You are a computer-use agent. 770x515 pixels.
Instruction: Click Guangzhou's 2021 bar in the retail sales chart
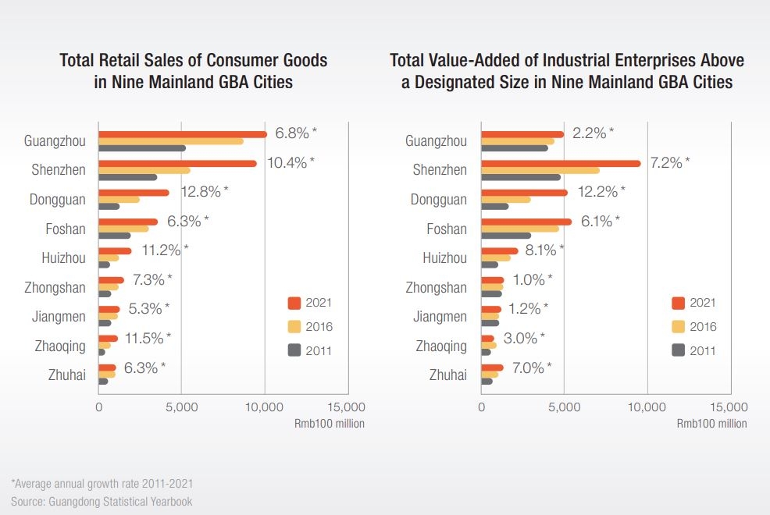(x=182, y=134)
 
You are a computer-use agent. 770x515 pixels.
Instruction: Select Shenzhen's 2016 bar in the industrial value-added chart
(x=540, y=170)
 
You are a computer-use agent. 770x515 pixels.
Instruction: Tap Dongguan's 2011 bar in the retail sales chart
(x=109, y=207)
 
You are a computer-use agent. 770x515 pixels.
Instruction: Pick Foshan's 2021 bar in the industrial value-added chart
(x=526, y=222)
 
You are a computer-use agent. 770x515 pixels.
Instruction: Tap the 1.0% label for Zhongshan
(x=529, y=279)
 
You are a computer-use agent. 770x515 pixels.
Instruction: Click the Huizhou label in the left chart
(x=63, y=258)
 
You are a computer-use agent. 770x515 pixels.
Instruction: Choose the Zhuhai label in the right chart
(x=447, y=375)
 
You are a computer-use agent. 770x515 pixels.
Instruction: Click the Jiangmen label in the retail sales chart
(x=60, y=317)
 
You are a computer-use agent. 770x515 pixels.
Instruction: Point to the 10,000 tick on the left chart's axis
(x=265, y=407)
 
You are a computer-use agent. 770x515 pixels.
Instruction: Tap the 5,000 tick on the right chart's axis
(x=564, y=407)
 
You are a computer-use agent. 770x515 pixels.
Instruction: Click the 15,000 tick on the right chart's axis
(x=730, y=407)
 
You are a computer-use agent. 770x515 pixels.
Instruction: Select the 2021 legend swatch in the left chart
(x=294, y=303)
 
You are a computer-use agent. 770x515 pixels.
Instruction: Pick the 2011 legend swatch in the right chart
(x=677, y=350)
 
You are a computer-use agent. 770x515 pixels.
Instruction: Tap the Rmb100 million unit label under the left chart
(x=329, y=424)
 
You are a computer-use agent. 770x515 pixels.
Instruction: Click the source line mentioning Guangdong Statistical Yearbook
(x=102, y=501)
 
